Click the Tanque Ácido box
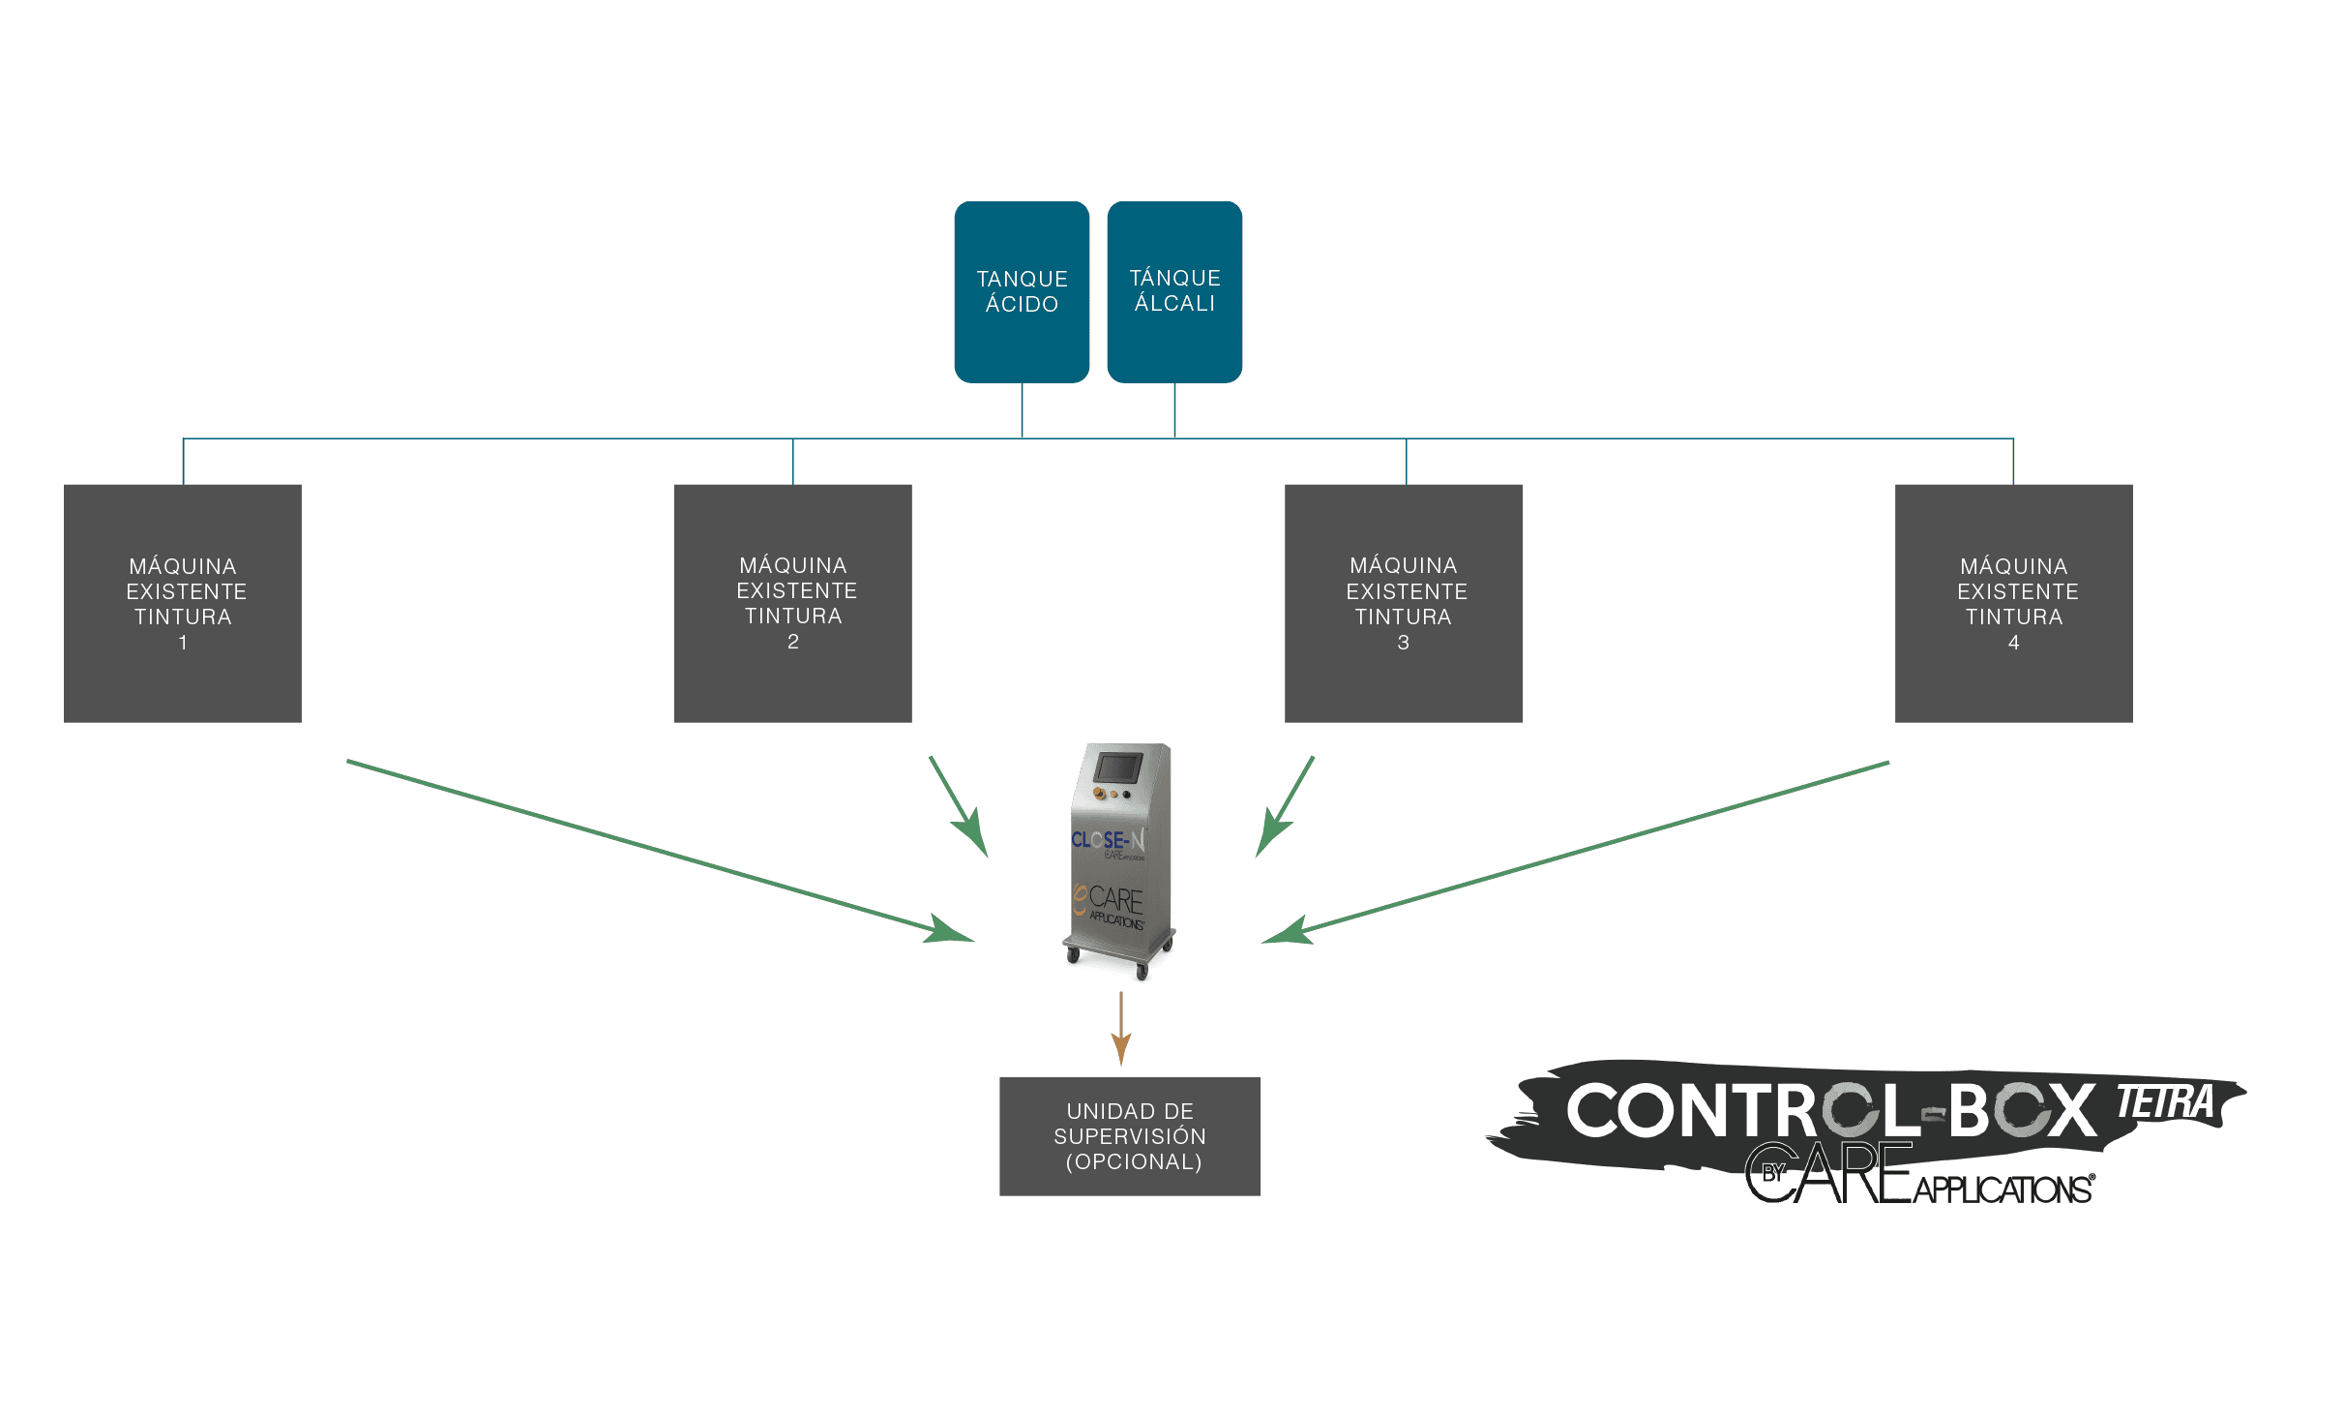coord(1022,291)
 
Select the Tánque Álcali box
coord(1174,291)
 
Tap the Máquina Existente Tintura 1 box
coord(183,603)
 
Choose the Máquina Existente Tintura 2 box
coord(792,603)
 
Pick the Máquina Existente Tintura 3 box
coord(1403,603)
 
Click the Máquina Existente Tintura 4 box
coord(2013,603)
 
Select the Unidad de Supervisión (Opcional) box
coord(1129,1136)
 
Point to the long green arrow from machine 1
coord(658,851)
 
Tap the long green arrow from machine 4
coord(1577,851)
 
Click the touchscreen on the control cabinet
coord(1118,768)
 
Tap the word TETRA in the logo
coord(2165,1102)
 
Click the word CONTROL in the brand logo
coord(1736,1110)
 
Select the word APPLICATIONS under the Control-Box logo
coord(2003,1189)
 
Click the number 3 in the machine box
coord(1403,643)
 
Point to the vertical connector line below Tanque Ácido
coord(1022,410)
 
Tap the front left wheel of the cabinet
coord(1073,955)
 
